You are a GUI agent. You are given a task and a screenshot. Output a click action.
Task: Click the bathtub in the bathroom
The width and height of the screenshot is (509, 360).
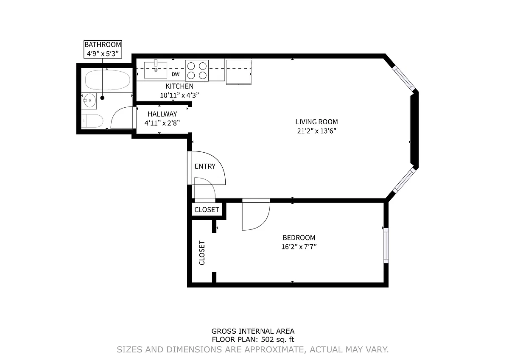(x=107, y=80)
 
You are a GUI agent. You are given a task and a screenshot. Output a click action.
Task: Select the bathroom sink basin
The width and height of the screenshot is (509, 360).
(x=89, y=100)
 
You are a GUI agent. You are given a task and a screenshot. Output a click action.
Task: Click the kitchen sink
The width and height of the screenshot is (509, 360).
(x=156, y=70)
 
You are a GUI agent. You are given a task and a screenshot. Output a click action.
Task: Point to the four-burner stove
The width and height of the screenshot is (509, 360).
(x=197, y=70)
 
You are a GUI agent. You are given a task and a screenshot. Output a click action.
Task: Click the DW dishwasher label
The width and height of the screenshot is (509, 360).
(x=176, y=74)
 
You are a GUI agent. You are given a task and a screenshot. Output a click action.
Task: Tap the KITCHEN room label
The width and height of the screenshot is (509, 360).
(x=179, y=87)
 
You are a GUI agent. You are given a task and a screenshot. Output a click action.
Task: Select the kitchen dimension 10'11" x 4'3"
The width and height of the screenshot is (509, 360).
(x=179, y=95)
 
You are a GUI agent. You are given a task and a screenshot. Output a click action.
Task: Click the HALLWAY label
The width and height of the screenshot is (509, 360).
(x=162, y=114)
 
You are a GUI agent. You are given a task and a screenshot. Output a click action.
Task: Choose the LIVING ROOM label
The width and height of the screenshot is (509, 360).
(x=316, y=122)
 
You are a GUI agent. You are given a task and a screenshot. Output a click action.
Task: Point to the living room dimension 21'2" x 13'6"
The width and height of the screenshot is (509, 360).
(x=316, y=131)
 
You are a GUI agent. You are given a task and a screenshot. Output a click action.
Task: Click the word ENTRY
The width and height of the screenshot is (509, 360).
(x=205, y=166)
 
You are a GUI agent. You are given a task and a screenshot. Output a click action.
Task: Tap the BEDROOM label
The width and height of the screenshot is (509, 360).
(x=299, y=237)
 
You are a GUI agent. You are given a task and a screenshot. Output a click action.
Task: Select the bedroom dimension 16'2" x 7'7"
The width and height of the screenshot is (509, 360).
(x=299, y=247)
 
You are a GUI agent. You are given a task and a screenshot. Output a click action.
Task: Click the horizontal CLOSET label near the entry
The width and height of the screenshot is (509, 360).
(x=207, y=209)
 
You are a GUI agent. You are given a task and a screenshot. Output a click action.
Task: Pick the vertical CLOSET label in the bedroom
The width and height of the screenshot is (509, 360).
(x=202, y=253)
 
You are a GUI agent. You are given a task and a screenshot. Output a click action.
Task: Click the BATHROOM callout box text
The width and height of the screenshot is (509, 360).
(x=103, y=49)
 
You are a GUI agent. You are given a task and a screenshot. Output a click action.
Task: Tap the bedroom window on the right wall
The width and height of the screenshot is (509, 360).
(x=386, y=246)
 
